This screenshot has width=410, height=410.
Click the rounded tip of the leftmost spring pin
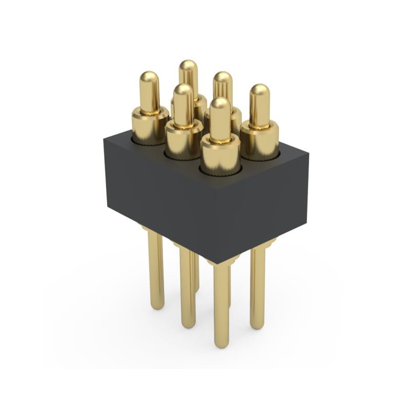149,78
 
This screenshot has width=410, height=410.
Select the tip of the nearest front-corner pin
220,104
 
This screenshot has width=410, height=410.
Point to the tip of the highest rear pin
188,66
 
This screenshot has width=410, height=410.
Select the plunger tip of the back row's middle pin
222,78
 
